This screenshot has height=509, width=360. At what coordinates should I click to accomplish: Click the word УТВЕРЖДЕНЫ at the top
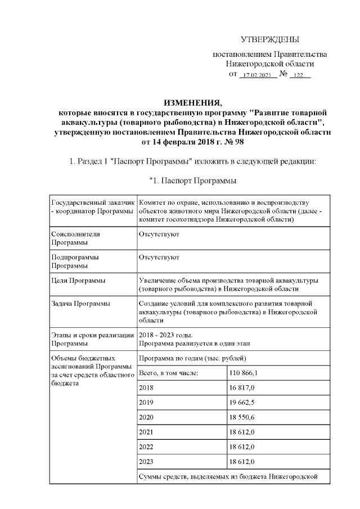coord(269,39)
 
